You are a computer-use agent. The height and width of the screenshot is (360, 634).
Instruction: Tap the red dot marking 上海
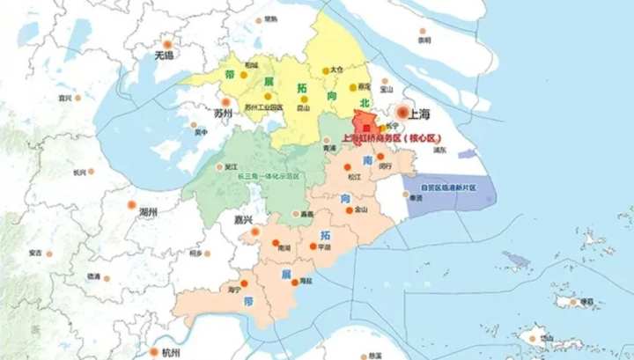(x=403, y=113)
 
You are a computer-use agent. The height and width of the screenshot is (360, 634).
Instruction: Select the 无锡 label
(x=165, y=55)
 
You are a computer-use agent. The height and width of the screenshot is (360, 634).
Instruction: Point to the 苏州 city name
(x=223, y=114)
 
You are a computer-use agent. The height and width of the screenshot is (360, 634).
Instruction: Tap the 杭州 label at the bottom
(x=171, y=352)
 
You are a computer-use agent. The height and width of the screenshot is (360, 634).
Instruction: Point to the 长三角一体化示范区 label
(x=269, y=176)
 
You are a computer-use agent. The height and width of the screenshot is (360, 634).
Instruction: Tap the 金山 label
(x=361, y=209)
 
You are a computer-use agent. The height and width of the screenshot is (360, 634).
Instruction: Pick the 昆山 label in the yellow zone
(x=303, y=107)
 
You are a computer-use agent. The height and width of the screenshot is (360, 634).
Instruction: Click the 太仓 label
(x=335, y=69)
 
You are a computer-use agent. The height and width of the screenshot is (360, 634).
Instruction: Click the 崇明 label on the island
(x=424, y=40)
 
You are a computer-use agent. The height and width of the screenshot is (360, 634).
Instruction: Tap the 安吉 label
(x=35, y=253)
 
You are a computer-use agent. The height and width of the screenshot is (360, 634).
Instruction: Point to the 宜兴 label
(x=64, y=97)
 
